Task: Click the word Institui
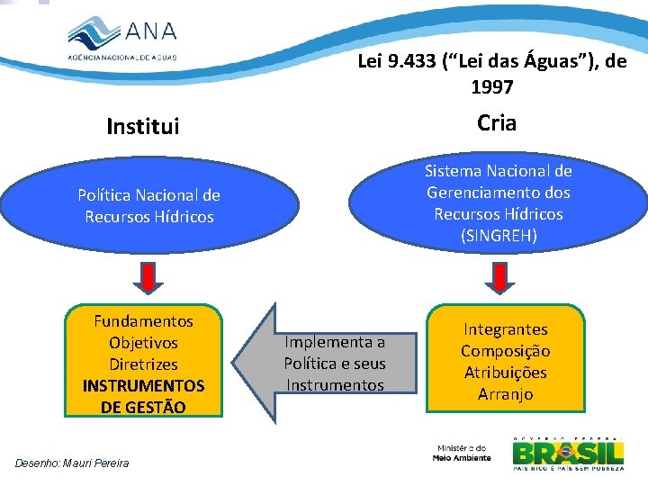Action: [142, 127]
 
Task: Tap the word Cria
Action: [497, 123]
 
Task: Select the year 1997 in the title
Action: [491, 87]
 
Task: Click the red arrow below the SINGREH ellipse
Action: [498, 277]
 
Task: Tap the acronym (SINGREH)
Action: [498, 236]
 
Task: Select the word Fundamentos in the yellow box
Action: [143, 321]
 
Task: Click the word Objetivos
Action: [143, 343]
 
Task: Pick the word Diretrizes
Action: [143, 364]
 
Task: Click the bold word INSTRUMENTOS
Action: [143, 386]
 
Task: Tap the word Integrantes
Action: [505, 329]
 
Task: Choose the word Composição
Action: [505, 351]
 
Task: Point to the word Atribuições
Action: [505, 373]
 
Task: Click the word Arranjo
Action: [505, 394]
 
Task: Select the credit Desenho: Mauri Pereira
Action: [72, 463]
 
